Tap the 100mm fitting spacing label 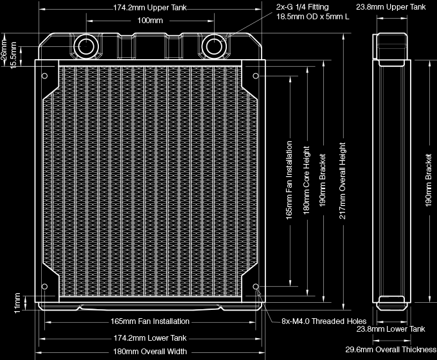[x=150, y=21]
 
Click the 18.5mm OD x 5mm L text [x=312, y=18]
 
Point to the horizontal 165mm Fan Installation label [x=150, y=321]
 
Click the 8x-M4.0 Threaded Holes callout [x=324, y=321]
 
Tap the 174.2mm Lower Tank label [x=150, y=338]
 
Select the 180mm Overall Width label [x=150, y=352]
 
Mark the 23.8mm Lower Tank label [x=391, y=329]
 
